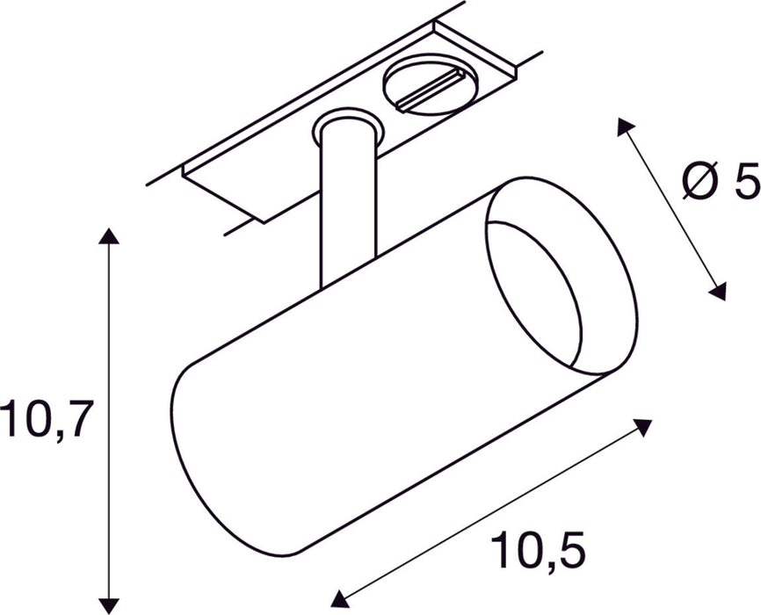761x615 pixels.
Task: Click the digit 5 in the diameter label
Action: pos(743,182)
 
